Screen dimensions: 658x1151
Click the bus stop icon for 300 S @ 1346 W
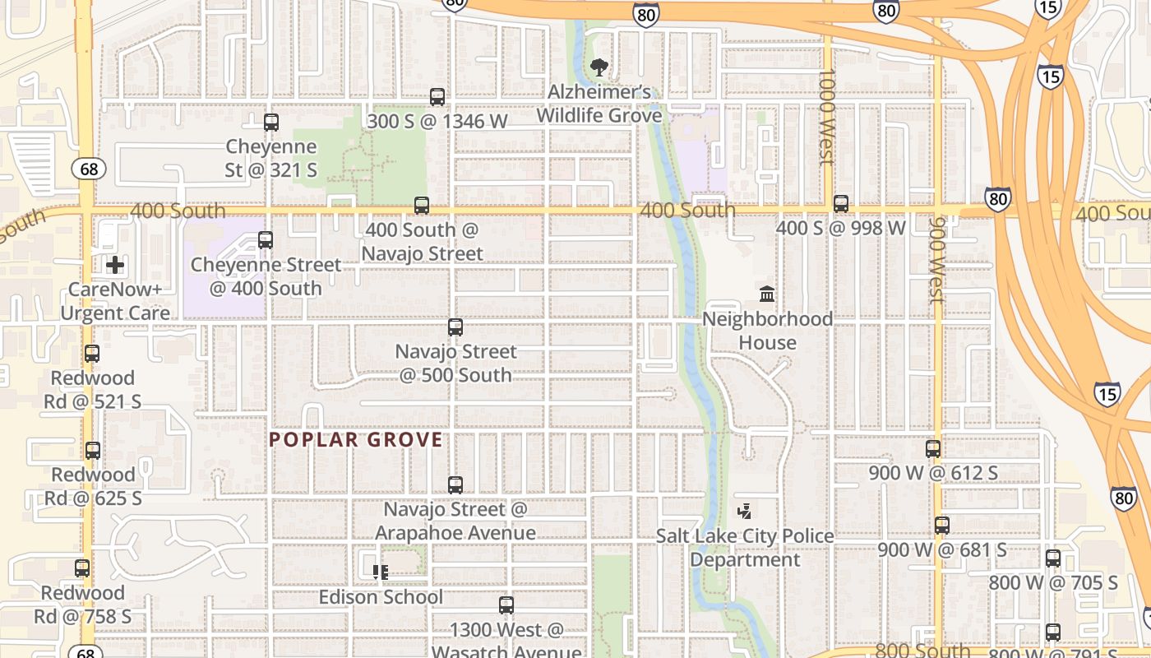click(437, 97)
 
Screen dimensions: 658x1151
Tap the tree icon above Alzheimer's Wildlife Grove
click(599, 67)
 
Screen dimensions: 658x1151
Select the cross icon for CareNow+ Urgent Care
click(115, 265)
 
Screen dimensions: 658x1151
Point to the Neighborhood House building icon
click(767, 294)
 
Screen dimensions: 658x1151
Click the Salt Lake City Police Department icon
click(745, 512)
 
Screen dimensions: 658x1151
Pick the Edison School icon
click(380, 572)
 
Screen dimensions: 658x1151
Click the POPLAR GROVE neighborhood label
click(356, 440)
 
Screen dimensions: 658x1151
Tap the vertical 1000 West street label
click(827, 117)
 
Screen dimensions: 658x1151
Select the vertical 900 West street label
click(936, 260)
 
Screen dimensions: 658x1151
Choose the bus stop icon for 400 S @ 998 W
click(840, 204)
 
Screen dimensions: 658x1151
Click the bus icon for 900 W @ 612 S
click(932, 449)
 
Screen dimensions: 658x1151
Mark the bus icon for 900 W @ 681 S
click(941, 525)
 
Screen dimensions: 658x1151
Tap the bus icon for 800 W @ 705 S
click(1052, 559)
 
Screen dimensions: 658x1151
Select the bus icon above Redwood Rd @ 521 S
click(92, 354)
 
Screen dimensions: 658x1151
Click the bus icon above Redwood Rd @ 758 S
click(82, 568)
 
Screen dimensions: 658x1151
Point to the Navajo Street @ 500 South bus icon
click(455, 327)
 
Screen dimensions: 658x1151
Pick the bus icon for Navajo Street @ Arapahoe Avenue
click(455, 485)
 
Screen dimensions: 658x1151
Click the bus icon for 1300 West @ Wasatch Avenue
click(506, 605)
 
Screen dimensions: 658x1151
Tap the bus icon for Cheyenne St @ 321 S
click(271, 123)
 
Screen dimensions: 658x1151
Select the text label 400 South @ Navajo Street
click(423, 242)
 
